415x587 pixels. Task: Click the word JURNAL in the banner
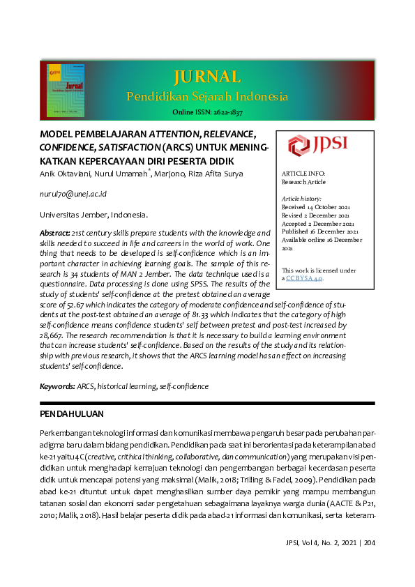coord(206,76)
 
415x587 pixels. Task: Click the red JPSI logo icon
coord(299,145)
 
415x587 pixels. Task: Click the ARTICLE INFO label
coord(303,173)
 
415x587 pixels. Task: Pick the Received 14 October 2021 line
coord(315,207)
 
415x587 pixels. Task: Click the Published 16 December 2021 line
coord(319,231)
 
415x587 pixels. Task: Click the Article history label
coord(301,199)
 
